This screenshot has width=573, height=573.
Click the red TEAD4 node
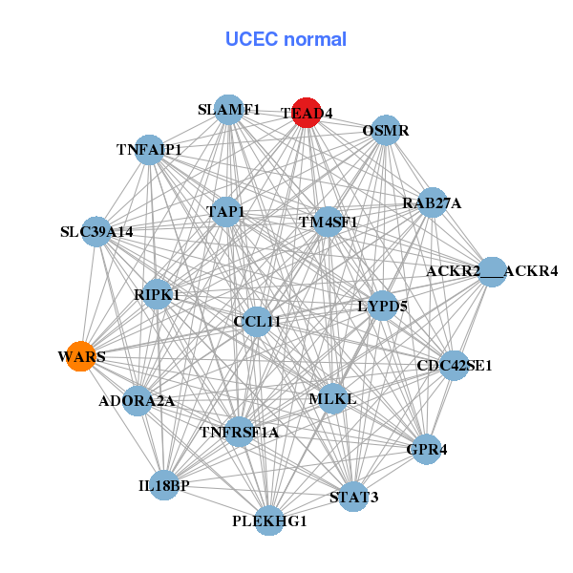pos(306,112)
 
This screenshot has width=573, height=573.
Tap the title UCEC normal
pos(286,39)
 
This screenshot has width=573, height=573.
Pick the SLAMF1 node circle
pos(227,109)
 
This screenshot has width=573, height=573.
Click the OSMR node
pos(385,130)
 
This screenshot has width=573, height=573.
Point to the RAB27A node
pos(433,202)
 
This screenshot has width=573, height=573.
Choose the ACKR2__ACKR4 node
pos(492,271)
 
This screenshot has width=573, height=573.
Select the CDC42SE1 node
pos(455,365)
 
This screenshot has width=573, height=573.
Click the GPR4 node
pos(427,449)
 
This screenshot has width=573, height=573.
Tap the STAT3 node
pos(354,497)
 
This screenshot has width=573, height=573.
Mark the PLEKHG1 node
pos(269,520)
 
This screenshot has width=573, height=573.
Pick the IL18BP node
pos(164,485)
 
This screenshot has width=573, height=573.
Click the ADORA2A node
pos(137,400)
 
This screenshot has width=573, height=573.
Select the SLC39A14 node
pos(96,231)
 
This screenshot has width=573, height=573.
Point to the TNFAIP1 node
pos(150,150)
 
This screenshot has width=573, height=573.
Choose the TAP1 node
pos(225,212)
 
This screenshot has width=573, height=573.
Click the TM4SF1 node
pos(328,223)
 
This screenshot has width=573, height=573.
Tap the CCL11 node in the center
pos(257,321)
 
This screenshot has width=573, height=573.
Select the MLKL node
pos(331,397)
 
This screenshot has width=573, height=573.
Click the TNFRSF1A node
pos(240,432)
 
